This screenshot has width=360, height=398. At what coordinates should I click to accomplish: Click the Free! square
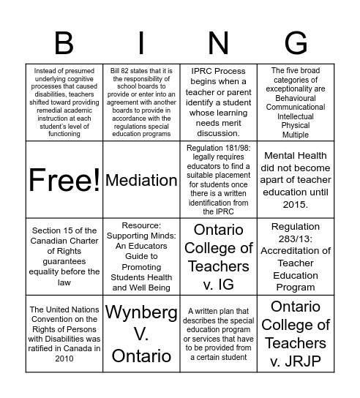(x=64, y=180)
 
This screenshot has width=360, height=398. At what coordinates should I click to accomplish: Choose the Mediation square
(x=141, y=180)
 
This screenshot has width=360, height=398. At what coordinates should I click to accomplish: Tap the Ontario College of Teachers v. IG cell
(x=218, y=256)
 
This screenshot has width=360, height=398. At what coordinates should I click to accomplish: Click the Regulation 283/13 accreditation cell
(x=296, y=256)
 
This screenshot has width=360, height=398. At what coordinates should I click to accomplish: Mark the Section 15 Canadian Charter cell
(x=64, y=256)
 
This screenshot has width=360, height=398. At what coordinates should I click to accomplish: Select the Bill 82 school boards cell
(x=141, y=102)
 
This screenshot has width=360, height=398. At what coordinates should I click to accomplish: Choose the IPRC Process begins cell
(x=218, y=102)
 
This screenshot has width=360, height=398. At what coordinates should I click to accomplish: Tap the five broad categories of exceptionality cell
(x=296, y=102)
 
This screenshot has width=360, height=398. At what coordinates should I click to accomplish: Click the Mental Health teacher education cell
(x=296, y=180)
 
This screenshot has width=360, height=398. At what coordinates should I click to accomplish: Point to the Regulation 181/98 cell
(x=218, y=180)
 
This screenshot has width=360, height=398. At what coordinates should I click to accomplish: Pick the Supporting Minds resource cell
(x=141, y=256)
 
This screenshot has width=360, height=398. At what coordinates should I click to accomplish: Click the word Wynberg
(x=141, y=313)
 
